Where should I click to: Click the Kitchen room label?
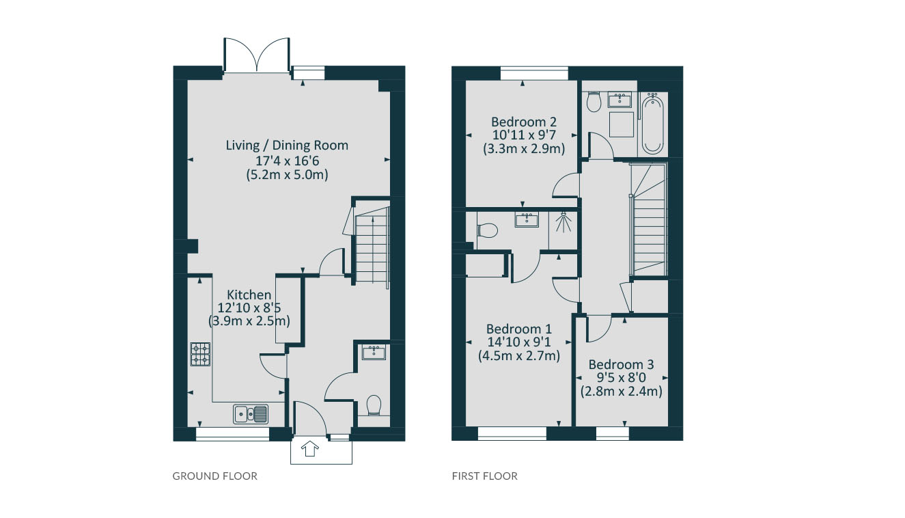[x=249, y=295]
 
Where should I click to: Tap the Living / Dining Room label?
[x=287, y=145]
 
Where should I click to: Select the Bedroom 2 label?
[x=524, y=122]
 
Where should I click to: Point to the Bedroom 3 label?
[x=621, y=365]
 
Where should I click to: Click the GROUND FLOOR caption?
[x=215, y=476]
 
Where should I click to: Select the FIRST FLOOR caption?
[x=485, y=476]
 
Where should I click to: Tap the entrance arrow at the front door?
[x=310, y=448]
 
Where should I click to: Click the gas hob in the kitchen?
[x=200, y=354]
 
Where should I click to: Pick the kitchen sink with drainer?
[x=251, y=414]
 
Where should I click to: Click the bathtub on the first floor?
[x=652, y=124]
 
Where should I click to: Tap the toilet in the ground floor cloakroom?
[x=374, y=405]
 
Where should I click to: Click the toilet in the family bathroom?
[x=594, y=103]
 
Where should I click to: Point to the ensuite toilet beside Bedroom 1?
[x=487, y=230]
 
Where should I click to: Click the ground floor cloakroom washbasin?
[x=374, y=352]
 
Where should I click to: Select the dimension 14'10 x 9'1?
[x=519, y=342]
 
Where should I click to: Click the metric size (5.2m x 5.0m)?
[x=287, y=175]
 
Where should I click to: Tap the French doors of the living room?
[x=257, y=55]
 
